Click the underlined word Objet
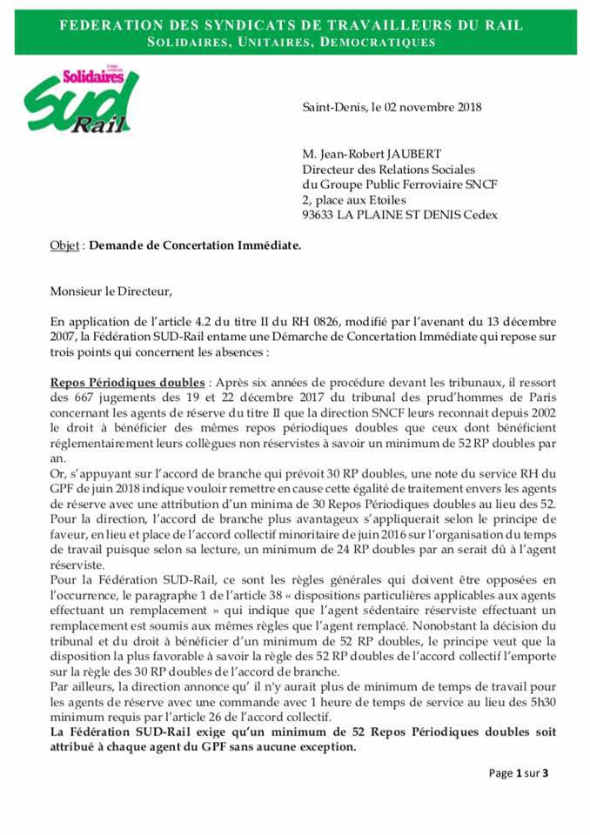64,247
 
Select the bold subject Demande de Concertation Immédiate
196,247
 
